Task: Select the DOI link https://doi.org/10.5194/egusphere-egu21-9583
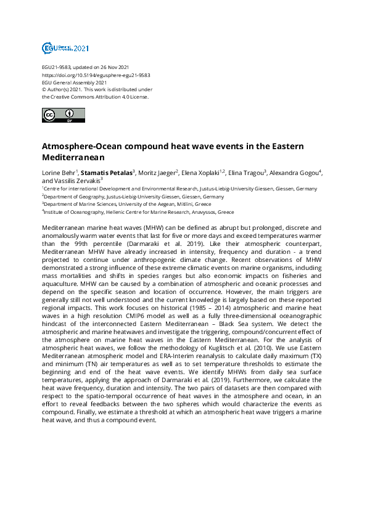[x=96, y=75]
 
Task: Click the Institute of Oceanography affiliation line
[x=139, y=211]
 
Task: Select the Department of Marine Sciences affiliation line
[x=127, y=204]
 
